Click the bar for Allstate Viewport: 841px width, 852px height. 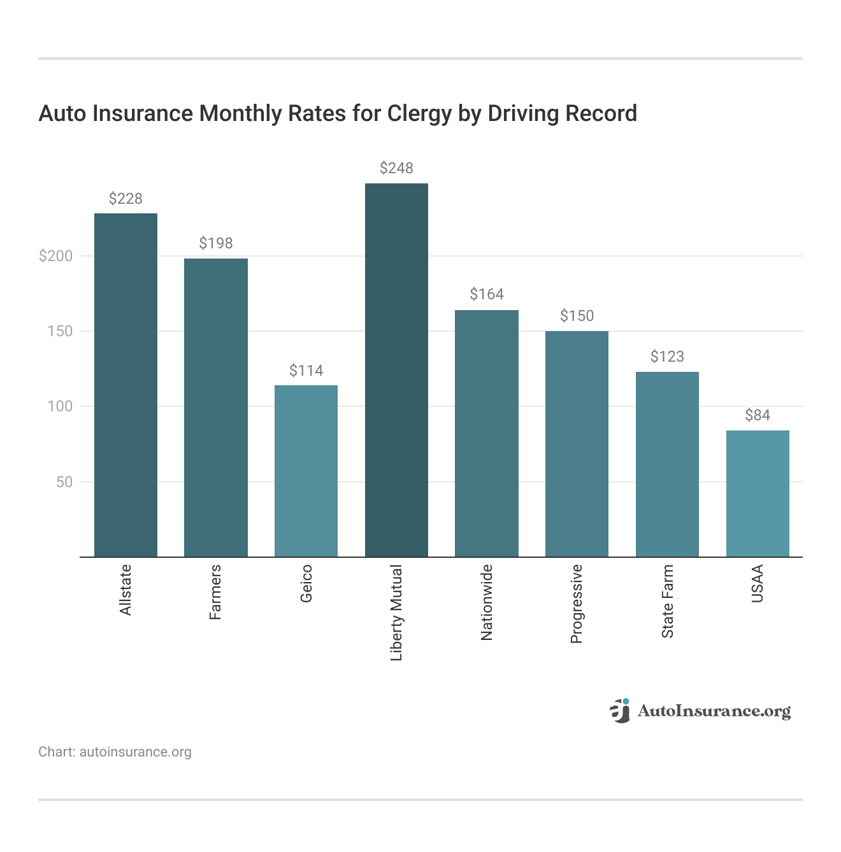(x=126, y=385)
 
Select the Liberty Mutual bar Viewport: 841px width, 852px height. (x=396, y=370)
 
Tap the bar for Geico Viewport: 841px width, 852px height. (x=306, y=471)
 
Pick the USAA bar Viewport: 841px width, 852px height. (x=758, y=493)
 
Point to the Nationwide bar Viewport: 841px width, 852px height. (x=487, y=433)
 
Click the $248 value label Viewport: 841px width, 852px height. (x=396, y=168)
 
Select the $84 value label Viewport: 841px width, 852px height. (x=758, y=415)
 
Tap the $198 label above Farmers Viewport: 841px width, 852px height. (x=216, y=243)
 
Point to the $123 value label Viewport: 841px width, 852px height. (x=667, y=357)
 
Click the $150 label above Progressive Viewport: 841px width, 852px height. (x=577, y=316)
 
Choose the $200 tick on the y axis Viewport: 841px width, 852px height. (x=56, y=256)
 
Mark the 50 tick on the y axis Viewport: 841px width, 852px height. (x=64, y=482)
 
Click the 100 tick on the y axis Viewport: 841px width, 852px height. (x=61, y=406)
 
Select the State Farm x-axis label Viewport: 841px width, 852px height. (x=667, y=601)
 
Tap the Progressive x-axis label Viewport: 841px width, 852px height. (x=577, y=604)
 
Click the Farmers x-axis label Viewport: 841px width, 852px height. (x=216, y=592)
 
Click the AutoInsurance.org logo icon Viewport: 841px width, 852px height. (x=620, y=711)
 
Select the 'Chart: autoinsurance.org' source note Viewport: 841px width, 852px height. (x=115, y=752)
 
